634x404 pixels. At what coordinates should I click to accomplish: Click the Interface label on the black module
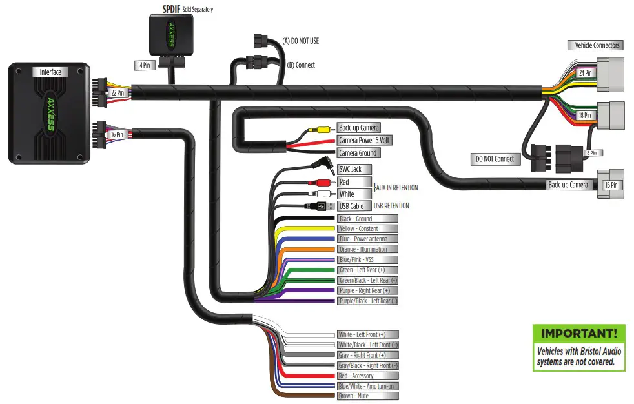[50, 72]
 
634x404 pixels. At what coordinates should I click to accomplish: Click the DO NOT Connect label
[495, 159]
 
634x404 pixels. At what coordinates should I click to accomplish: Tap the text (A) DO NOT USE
[301, 41]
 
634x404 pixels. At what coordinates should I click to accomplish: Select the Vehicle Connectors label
[597, 45]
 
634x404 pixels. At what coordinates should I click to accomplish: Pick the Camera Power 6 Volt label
[364, 140]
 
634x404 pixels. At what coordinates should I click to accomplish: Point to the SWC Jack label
[351, 169]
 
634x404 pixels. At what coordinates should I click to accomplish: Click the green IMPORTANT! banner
[578, 334]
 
